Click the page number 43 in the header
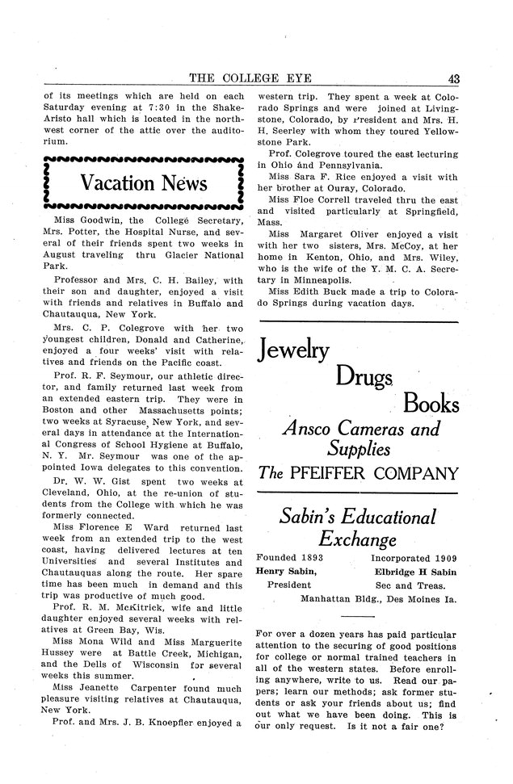(452, 78)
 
